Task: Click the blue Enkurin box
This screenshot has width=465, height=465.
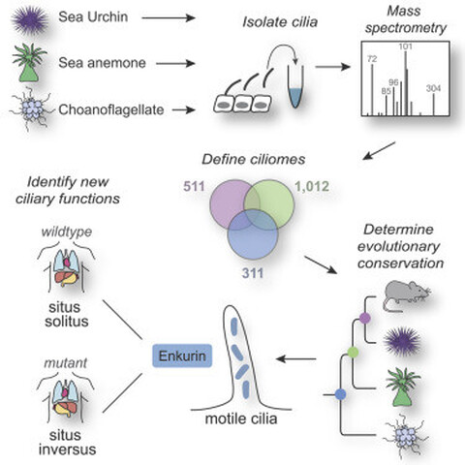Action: click(x=182, y=356)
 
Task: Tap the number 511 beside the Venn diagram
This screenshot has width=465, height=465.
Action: click(x=194, y=186)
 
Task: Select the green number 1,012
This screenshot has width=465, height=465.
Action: click(x=312, y=186)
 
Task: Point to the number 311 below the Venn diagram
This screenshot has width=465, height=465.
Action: click(x=253, y=273)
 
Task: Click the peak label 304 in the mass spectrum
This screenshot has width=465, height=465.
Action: click(x=433, y=88)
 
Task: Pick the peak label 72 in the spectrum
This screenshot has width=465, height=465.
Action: click(x=372, y=59)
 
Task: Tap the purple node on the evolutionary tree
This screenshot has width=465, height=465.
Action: click(x=364, y=318)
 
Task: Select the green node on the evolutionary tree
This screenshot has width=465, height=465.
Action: click(x=353, y=352)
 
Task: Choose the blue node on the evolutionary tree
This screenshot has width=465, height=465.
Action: click(x=340, y=394)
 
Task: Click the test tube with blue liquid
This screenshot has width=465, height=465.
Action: click(x=295, y=86)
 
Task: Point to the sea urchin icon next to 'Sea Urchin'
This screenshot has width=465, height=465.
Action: click(x=30, y=20)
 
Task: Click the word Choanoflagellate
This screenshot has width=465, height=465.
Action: click(x=111, y=109)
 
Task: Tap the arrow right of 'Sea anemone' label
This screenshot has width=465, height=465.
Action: click(x=175, y=64)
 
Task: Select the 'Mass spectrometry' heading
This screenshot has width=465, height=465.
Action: click(x=406, y=19)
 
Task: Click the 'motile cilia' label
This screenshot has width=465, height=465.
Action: click(x=241, y=418)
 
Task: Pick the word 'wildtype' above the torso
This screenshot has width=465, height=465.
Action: click(x=67, y=232)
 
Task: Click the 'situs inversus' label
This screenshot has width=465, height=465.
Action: click(x=67, y=442)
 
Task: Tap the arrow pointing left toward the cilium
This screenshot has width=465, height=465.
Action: click(x=296, y=358)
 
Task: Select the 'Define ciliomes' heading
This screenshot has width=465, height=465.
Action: click(x=254, y=159)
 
